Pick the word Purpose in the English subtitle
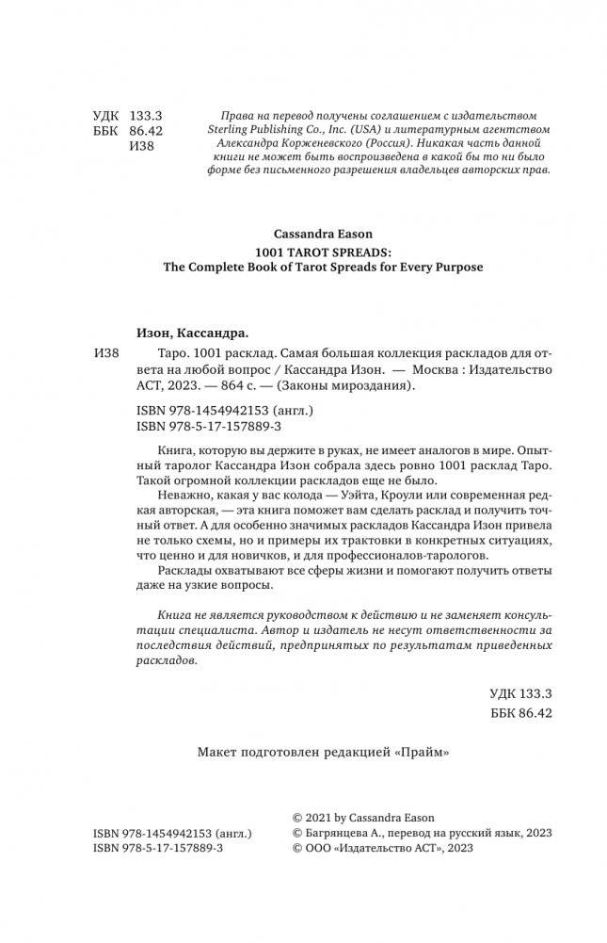pos(457,268)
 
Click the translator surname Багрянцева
pos(341,833)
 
